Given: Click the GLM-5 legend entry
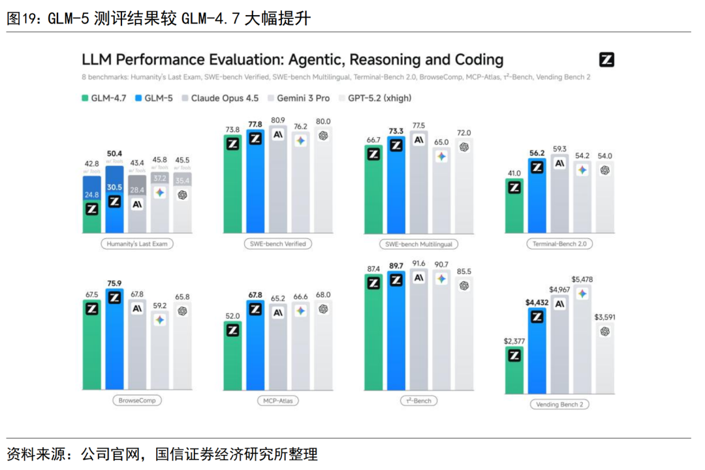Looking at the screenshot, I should coord(154,98).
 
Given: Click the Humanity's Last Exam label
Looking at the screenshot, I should coord(137,244).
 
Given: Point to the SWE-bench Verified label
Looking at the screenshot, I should coord(277,244).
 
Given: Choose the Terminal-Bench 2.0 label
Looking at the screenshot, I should coord(559,244).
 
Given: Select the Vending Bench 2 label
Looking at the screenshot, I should coord(559,404).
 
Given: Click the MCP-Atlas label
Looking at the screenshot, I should coord(277,400).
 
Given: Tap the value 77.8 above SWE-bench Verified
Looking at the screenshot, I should coord(255,124).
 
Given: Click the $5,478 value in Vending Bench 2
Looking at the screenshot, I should coord(582,279).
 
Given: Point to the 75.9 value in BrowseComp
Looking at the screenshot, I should coord(114,283).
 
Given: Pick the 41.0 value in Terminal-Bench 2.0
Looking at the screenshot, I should coord(514,173).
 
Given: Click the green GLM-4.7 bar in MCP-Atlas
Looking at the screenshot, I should coord(232,366).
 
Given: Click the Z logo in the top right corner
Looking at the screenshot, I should coord(606,60).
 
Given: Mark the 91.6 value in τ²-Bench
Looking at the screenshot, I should coord(418,263).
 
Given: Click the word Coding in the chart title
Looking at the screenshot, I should coord(476,60).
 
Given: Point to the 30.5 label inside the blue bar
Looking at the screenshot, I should coord(114,187).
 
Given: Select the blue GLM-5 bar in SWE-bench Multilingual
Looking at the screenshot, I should coord(396,189).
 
